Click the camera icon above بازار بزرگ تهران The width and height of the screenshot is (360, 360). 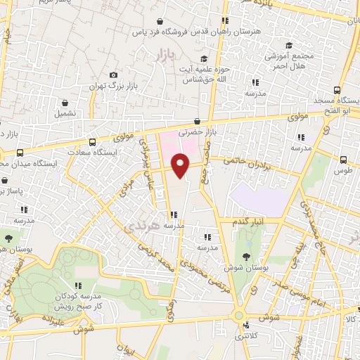click(114, 75)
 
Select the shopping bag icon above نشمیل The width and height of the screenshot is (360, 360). click(65, 102)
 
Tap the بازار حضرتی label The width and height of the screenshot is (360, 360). click(195, 131)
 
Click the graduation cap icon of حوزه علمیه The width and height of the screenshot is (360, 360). click(204, 59)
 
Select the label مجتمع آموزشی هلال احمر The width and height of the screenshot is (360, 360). click(288, 60)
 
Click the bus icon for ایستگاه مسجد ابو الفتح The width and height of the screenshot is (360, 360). click(337, 90)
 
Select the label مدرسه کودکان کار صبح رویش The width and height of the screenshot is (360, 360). click(79, 302)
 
